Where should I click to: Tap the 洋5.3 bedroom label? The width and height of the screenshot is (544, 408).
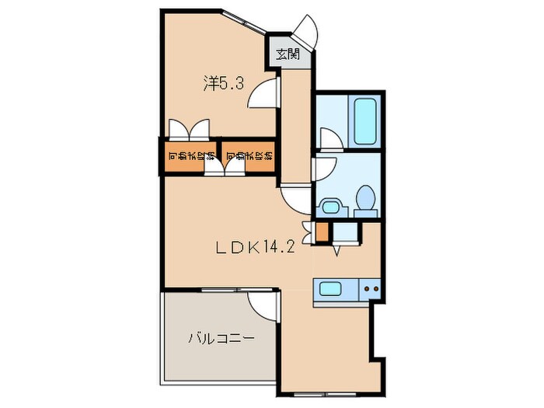point(224,82)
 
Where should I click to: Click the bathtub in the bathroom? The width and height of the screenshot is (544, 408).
point(364,122)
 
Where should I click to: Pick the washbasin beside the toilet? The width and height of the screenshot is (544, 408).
point(331,207)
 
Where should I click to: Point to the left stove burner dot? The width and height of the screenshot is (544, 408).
point(366,290)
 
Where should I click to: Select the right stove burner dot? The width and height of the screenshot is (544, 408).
point(375,290)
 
